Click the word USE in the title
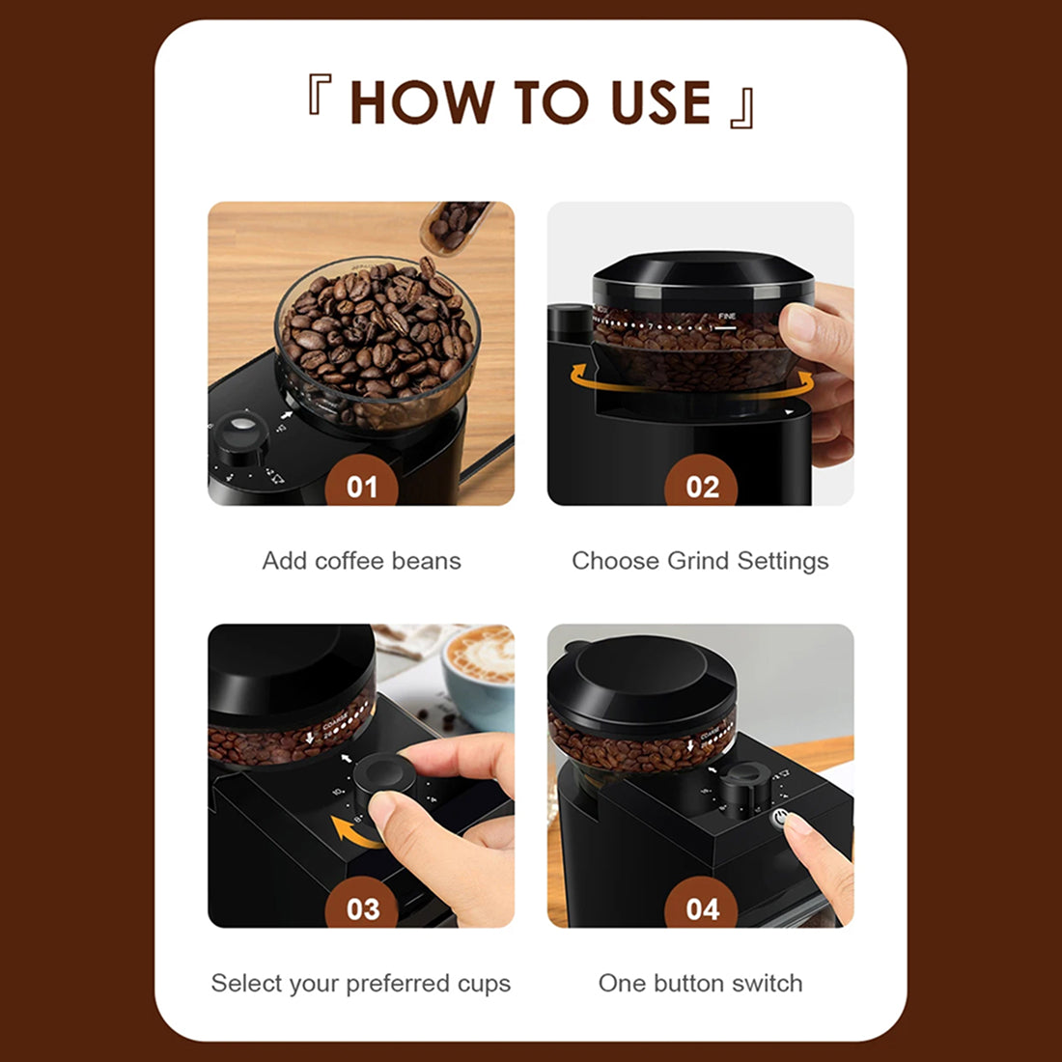[x=661, y=102]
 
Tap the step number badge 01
[x=362, y=485]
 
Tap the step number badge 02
[x=702, y=485]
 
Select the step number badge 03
[x=362, y=908]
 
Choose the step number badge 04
[x=702, y=908]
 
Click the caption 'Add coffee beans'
[x=361, y=561]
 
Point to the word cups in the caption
[x=484, y=984]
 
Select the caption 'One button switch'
[x=700, y=984]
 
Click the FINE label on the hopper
[x=727, y=317]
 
